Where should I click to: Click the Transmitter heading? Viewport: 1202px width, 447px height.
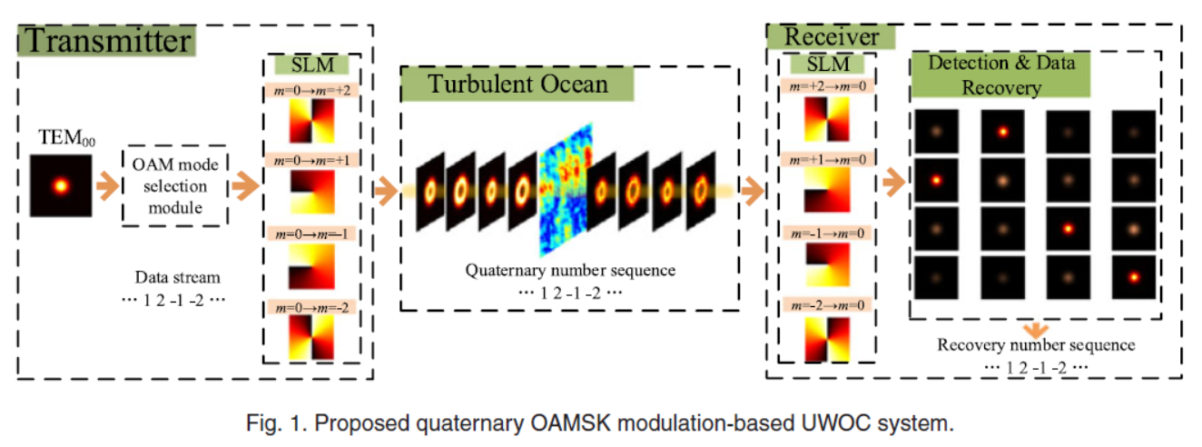coord(107,41)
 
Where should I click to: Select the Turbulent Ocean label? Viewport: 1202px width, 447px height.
coord(518,85)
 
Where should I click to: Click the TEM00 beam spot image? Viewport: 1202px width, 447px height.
coord(60,187)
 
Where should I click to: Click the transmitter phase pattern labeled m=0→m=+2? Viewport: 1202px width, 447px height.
coord(311,120)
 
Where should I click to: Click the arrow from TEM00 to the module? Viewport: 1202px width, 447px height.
coord(106,188)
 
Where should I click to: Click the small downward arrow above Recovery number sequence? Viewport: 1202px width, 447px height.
coord(1036,328)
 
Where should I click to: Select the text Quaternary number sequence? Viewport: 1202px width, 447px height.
coord(570,270)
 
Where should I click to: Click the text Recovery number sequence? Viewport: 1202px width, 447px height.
coord(1036,345)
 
